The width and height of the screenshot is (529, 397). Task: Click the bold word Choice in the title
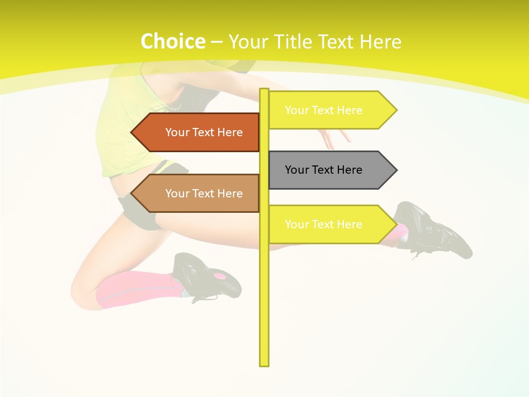pos(172,41)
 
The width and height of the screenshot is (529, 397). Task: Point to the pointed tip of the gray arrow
pos(396,170)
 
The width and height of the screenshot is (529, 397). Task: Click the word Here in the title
pos(381,41)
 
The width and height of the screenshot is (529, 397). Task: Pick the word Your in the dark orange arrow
pos(177,132)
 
